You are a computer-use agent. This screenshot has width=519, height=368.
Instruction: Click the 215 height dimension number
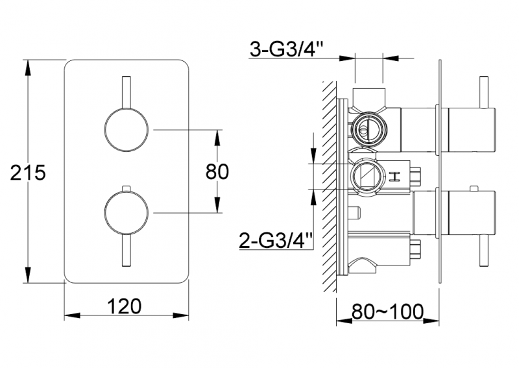tap(27, 173)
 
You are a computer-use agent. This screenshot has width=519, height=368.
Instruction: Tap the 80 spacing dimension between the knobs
tap(217, 171)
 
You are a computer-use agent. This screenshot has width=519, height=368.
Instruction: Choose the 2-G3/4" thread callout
tap(276, 241)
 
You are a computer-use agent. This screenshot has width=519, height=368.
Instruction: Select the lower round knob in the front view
tap(127, 212)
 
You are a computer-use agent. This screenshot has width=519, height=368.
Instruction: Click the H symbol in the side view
tap(396, 176)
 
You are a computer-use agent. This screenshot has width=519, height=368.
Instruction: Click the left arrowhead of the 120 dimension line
tap(70, 316)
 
